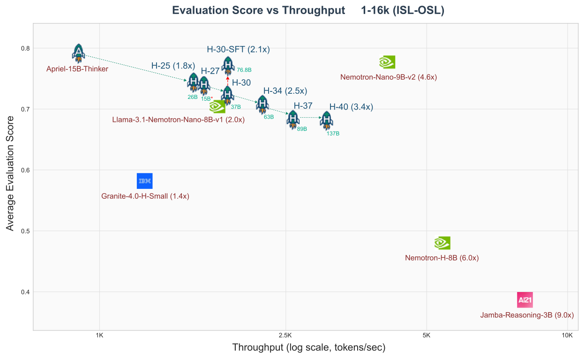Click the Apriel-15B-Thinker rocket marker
(x=78, y=53)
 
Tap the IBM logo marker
(x=144, y=181)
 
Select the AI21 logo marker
(x=525, y=300)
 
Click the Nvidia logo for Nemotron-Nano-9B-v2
(x=387, y=62)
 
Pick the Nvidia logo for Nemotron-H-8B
(x=442, y=242)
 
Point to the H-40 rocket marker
(x=326, y=120)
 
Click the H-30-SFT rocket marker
(x=228, y=66)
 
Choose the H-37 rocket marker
(x=293, y=120)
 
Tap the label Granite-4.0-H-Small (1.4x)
(x=145, y=196)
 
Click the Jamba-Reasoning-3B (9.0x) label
(x=527, y=315)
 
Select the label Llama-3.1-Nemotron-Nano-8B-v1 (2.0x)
(x=179, y=120)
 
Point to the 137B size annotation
(x=333, y=134)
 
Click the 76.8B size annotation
(x=244, y=70)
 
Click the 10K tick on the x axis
(x=567, y=336)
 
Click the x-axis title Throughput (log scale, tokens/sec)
(x=308, y=348)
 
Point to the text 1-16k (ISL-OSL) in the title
(x=403, y=11)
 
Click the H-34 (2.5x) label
(x=285, y=91)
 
